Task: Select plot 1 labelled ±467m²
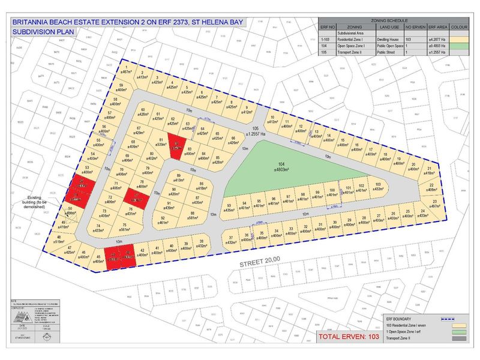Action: click(x=127, y=71)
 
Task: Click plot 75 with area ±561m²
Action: click(x=125, y=227)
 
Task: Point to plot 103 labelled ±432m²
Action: click(x=378, y=187)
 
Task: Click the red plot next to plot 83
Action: click(x=176, y=145)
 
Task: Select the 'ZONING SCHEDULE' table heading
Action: click(x=394, y=20)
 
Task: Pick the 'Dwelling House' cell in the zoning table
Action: click(x=388, y=38)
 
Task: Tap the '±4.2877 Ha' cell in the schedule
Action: click(x=431, y=38)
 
